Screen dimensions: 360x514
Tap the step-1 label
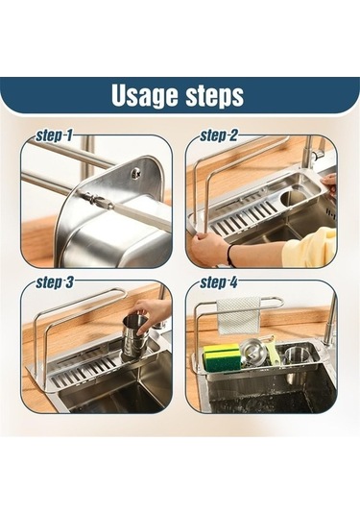coord(54,135)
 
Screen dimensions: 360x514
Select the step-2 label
coord(219,135)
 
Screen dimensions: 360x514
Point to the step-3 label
coord(55,282)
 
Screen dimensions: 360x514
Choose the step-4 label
coord(219,282)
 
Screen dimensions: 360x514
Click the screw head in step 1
coord(135,172)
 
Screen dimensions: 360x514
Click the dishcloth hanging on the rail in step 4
coord(238,316)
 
